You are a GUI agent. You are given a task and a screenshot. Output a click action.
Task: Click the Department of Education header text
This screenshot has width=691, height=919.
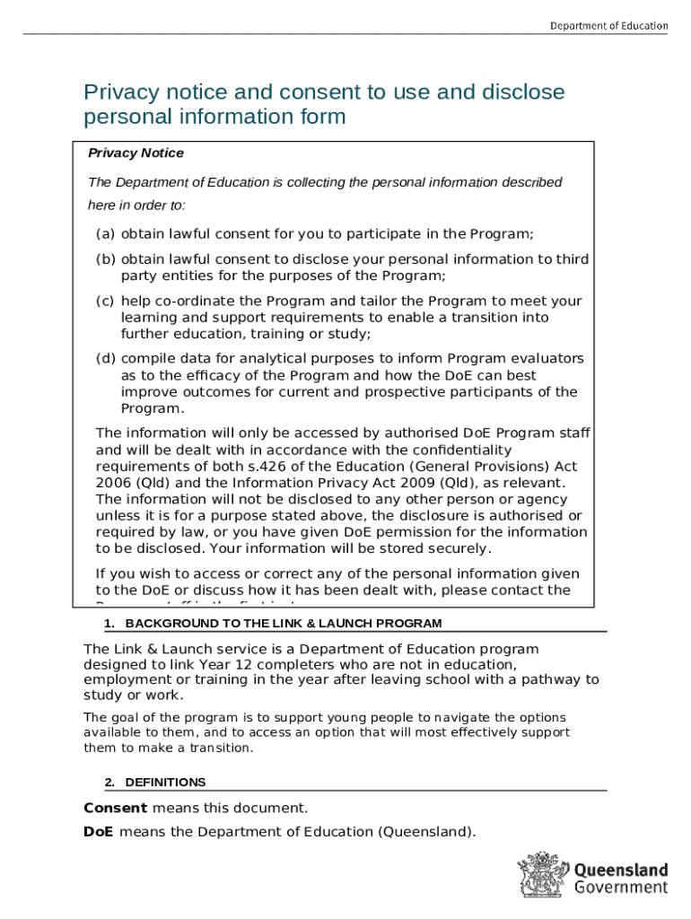608,25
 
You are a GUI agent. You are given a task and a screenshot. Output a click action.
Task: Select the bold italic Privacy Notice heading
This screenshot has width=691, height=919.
136,153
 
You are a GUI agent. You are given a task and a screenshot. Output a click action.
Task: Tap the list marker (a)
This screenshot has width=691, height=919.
105,234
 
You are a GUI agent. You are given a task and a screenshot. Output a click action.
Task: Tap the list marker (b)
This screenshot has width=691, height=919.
105,259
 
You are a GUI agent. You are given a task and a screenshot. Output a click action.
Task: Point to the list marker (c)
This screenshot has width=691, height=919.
105,302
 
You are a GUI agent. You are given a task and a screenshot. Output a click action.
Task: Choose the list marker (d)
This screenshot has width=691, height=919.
105,359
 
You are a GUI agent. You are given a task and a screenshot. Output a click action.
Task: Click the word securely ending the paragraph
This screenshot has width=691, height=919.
457,548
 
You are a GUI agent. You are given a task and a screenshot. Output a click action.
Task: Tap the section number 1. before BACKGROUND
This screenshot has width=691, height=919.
109,624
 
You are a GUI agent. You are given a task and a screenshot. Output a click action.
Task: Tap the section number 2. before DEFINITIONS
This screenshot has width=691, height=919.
109,783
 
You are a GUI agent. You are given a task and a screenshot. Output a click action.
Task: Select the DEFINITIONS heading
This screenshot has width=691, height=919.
165,783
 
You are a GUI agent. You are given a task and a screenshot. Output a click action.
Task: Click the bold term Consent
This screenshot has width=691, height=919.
116,808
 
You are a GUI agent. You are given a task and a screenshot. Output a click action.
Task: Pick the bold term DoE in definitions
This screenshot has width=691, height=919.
98,832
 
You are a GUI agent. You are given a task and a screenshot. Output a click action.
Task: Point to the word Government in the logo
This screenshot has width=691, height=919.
620,888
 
